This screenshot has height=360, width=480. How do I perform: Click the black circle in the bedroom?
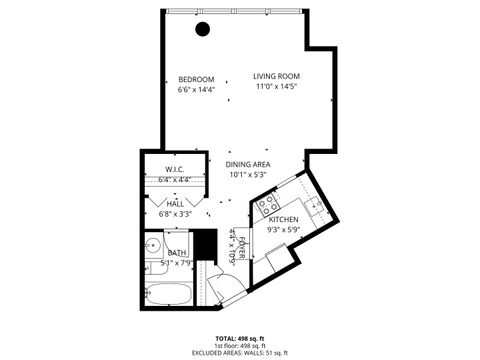(x=203, y=29)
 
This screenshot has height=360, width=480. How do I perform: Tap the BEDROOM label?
(x=196, y=79)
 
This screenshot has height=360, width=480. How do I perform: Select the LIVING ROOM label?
(x=277, y=76)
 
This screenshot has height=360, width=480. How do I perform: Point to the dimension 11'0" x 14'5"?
(x=277, y=86)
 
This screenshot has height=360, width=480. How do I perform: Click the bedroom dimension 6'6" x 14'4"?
(x=196, y=89)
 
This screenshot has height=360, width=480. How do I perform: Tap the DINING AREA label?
(x=248, y=164)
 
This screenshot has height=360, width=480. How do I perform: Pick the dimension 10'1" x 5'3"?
(x=248, y=174)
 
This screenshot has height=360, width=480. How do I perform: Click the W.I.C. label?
(x=174, y=168)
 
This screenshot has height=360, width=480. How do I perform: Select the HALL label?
(x=175, y=203)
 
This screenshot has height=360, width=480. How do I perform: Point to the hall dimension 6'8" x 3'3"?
(x=175, y=213)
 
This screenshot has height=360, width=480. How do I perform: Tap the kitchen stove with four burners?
(x=268, y=207)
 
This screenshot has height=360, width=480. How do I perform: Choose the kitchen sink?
(x=316, y=207)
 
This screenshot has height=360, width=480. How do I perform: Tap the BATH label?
(x=177, y=253)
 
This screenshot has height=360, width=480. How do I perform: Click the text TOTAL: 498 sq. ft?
(x=240, y=337)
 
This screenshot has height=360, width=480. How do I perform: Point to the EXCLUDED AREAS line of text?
(x=240, y=351)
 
